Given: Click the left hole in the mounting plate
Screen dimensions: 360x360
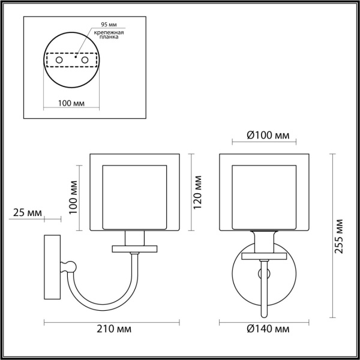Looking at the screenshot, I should (58, 61).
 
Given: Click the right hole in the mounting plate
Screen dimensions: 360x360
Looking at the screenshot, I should (85, 61).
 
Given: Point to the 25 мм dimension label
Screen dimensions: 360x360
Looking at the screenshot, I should (26, 213).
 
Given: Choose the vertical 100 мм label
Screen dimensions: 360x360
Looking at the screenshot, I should (73, 197).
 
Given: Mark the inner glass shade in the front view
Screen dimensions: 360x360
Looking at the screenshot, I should (265, 195).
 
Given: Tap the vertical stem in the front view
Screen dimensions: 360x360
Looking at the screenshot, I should (265, 288).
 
